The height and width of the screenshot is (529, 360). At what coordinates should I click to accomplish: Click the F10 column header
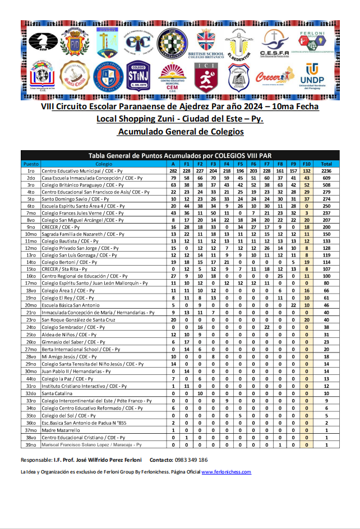click(306, 164)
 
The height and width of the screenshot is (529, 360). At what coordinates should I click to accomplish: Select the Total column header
click(326, 164)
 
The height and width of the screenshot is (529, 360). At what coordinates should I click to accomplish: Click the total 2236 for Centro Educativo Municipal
click(326, 170)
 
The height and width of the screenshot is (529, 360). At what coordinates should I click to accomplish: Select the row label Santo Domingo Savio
click(70, 198)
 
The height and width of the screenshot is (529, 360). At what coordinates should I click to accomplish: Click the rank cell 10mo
click(31, 233)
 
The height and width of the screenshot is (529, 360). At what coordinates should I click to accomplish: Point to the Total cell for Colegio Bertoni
click(326, 261)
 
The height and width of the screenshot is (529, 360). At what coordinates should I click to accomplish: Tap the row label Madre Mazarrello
click(61, 430)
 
